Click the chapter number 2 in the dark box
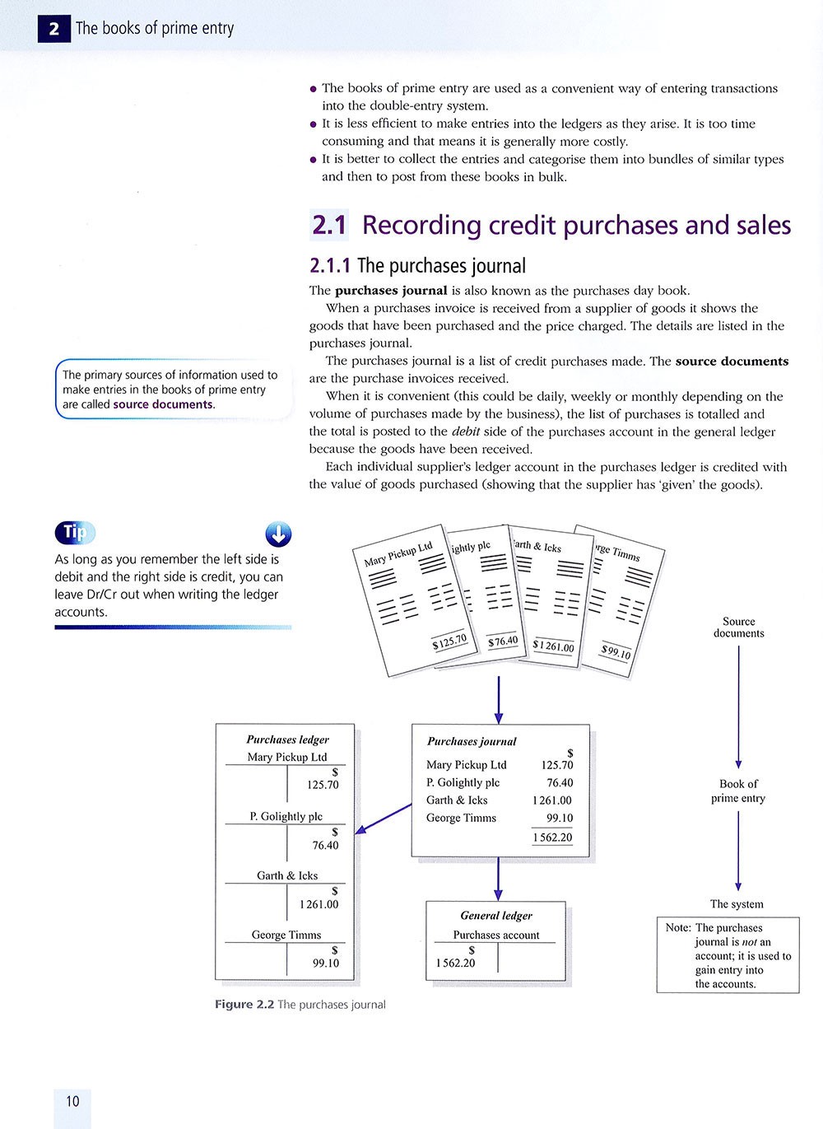pos(53,29)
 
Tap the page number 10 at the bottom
pos(72,1101)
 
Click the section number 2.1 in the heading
pos(329,225)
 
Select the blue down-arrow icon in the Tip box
pos(279,534)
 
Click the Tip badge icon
pos(75,533)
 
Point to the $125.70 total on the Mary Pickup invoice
pos(449,641)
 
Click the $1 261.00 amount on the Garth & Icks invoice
pos(553,646)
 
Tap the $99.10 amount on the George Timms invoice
pos(616,652)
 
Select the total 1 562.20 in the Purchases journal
pos(552,837)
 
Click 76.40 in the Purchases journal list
pos(560,782)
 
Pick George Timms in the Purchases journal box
pos(461,818)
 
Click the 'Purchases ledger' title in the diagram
pos(287,739)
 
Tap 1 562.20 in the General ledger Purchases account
pos(455,963)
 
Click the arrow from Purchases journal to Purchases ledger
pos(383,819)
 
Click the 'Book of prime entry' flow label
pos(738,791)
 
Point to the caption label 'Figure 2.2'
pos(244,1005)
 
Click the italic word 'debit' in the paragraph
pos(466,432)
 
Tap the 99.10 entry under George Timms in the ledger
pos(326,963)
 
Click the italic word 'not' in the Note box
pos(750,942)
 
